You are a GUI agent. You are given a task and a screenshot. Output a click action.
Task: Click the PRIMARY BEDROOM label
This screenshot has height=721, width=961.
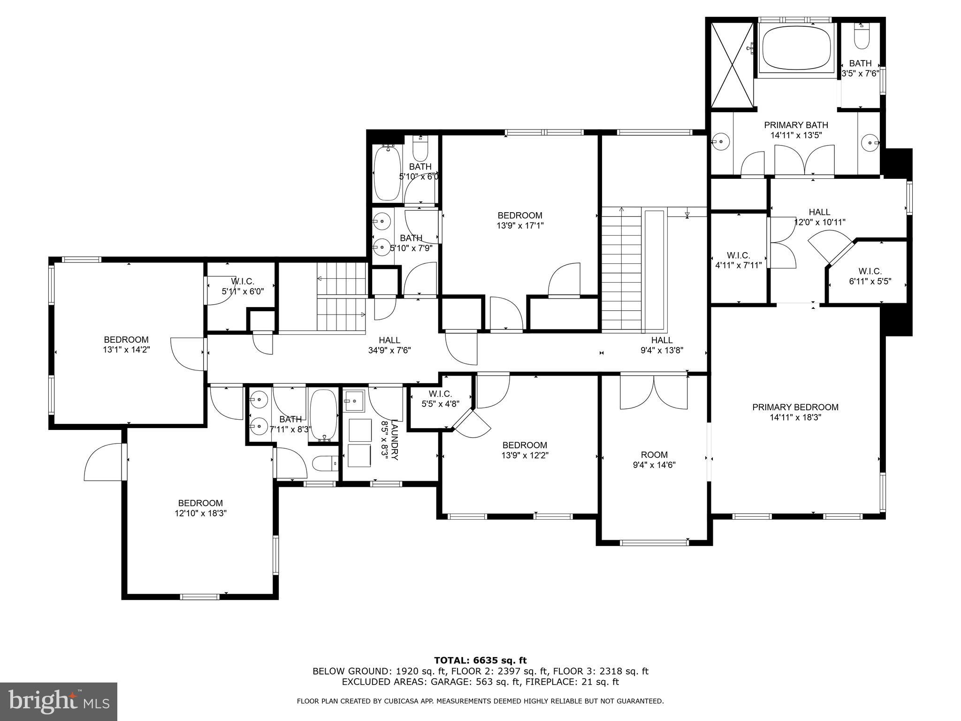tap(795, 407)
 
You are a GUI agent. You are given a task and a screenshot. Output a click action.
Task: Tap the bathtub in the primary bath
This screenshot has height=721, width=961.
tap(796, 48)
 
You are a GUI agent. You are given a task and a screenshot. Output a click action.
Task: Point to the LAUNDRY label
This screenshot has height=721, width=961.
tap(395, 439)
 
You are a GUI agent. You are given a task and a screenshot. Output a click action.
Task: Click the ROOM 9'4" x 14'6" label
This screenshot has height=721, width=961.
tap(654, 455)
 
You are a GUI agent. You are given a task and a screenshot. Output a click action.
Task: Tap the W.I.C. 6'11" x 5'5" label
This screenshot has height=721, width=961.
tap(870, 271)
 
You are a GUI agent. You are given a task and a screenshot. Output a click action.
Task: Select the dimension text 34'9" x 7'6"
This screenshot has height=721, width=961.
tap(389, 350)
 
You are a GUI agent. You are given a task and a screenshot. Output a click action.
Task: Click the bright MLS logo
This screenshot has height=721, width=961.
tap(59, 701)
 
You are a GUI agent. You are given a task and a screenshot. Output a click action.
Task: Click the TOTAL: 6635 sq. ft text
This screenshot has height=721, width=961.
tap(480, 660)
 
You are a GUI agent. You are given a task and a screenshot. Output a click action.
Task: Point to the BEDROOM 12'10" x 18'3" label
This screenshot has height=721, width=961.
tap(200, 503)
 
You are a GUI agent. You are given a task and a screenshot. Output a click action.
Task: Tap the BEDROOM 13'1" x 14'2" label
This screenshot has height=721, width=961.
tap(126, 339)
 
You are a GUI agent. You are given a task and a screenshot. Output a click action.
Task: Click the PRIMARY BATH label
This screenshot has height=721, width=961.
tap(796, 125)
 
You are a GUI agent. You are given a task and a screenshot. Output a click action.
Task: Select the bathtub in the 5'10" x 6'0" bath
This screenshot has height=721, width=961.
tap(387, 172)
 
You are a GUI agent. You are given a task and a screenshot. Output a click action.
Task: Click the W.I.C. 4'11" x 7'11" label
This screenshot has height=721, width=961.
tap(739, 255)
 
